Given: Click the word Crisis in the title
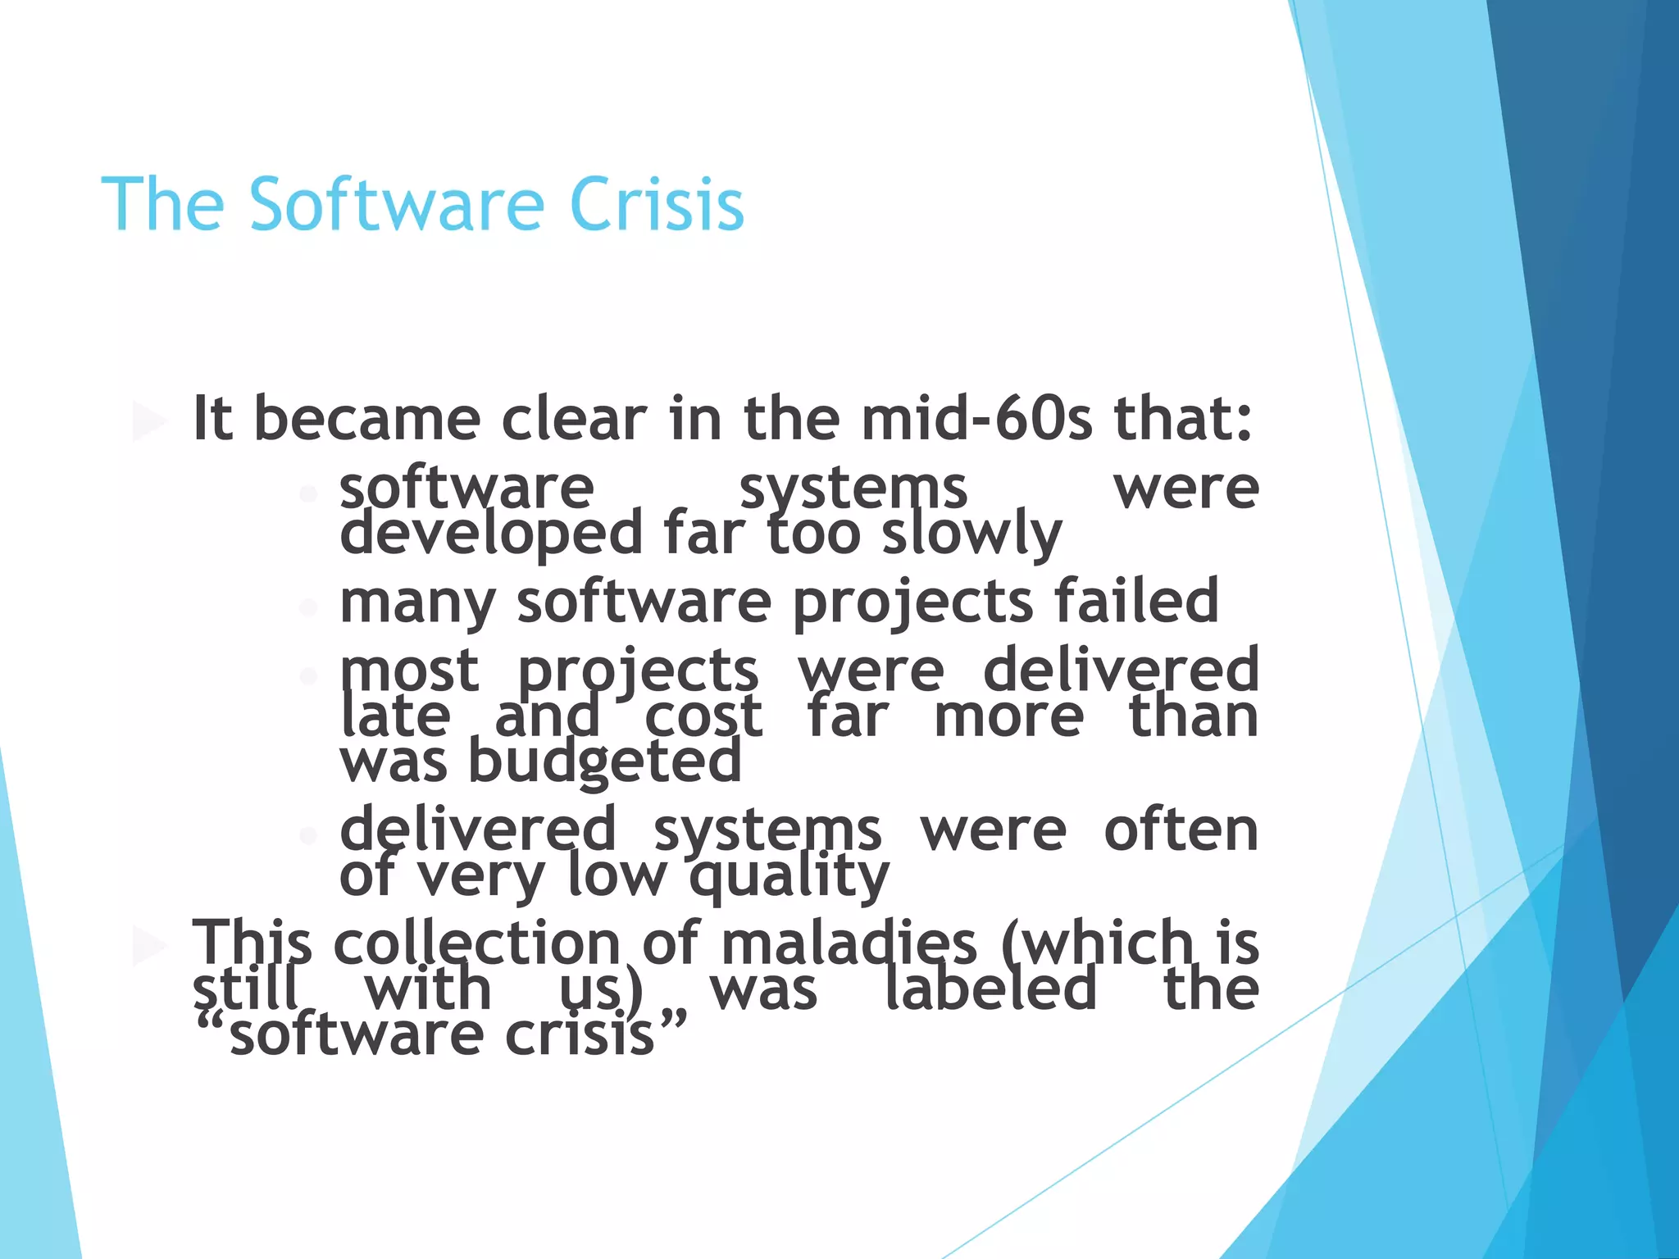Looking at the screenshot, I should (x=656, y=204).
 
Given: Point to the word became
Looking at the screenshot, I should (x=367, y=419).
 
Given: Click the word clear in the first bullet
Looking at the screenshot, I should (x=574, y=419).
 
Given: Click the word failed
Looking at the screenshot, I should (x=1136, y=601).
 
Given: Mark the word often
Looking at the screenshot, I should (x=1181, y=829).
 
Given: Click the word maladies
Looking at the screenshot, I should (x=849, y=943).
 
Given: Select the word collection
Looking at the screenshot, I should (x=476, y=943).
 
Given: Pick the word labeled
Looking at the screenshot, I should (x=990, y=989).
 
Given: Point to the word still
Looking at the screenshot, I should (x=245, y=989).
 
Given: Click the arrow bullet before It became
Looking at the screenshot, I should (x=149, y=421).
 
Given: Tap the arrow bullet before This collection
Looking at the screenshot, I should (x=149, y=945).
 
